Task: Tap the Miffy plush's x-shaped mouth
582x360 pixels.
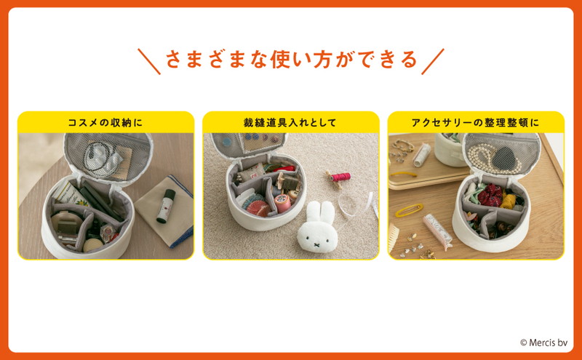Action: tap(316, 244)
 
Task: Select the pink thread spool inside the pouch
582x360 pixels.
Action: tap(282, 203)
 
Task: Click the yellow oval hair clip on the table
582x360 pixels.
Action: tap(409, 210)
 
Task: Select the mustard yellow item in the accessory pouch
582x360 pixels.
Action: tap(509, 201)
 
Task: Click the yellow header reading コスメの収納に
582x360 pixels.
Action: tap(105, 122)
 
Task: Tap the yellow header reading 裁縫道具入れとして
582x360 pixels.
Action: tap(290, 122)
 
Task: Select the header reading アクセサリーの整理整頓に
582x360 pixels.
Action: tap(476, 122)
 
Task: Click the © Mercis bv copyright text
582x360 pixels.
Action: tap(543, 343)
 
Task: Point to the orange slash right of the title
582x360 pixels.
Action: tap(433, 61)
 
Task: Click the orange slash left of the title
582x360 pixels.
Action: tap(149, 61)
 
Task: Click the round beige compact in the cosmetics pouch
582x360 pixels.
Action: tap(62, 220)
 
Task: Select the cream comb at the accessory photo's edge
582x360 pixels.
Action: tap(394, 239)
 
